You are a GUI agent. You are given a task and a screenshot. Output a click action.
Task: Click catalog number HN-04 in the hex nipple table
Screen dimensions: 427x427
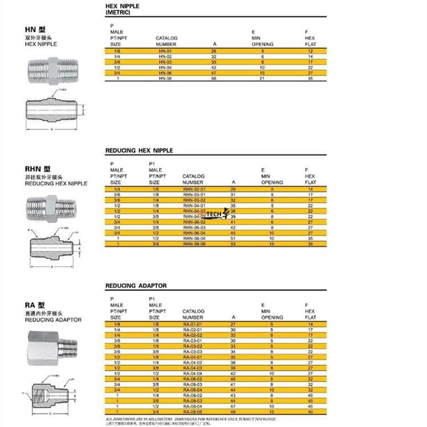(165, 68)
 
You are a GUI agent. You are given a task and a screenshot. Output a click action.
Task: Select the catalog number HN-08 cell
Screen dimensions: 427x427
(165, 78)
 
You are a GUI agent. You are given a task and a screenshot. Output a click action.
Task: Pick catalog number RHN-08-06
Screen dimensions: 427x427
(194, 244)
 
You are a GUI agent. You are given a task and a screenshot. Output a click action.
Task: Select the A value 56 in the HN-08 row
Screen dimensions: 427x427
(215, 78)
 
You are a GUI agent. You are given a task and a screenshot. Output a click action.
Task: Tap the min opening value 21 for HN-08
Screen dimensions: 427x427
(263, 78)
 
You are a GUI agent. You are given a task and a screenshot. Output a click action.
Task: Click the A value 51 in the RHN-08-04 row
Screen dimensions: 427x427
(233, 239)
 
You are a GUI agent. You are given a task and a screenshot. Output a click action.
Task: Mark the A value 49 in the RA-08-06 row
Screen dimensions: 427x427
(233, 411)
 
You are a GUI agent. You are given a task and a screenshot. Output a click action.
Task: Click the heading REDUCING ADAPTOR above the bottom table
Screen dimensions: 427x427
(136, 286)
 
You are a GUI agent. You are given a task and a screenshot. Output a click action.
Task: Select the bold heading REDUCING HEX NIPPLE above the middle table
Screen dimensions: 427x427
(139, 151)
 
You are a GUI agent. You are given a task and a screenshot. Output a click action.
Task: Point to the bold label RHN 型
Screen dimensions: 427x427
(38, 169)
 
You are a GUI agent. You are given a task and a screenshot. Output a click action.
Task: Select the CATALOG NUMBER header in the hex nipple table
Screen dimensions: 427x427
(166, 41)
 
